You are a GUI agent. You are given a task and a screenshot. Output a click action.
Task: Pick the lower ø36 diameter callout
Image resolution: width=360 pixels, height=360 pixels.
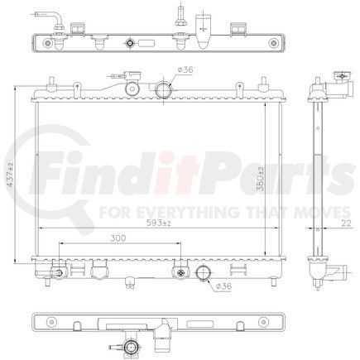(223, 286)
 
